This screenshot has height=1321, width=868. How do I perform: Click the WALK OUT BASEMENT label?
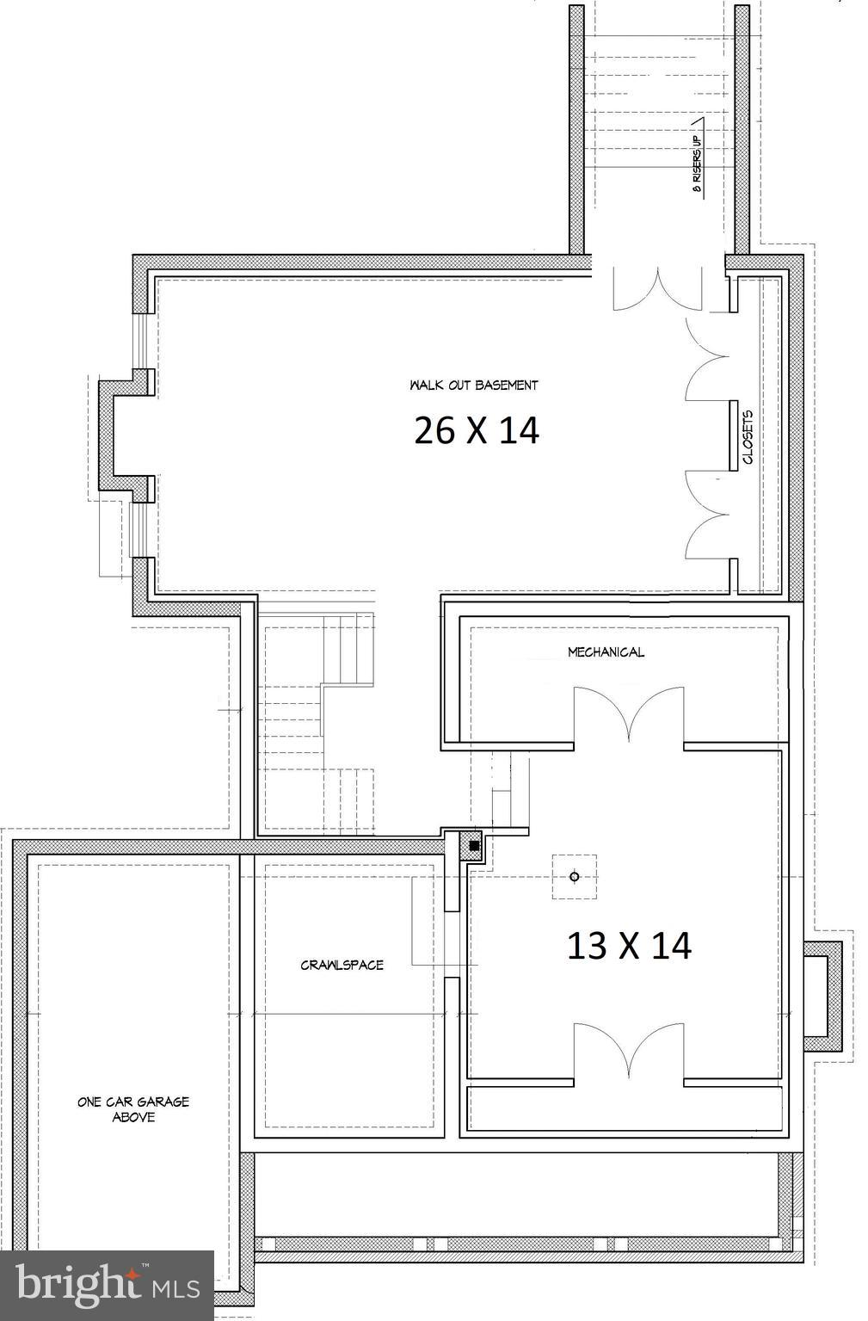474,385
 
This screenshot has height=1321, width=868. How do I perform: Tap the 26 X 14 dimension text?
476,430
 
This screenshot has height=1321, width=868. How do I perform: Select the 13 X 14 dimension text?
628,946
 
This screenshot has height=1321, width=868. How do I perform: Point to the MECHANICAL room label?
606,652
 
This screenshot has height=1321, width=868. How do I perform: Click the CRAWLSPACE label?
342,965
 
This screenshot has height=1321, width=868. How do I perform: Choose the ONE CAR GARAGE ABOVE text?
133,1109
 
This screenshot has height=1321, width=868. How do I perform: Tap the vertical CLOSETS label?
747,436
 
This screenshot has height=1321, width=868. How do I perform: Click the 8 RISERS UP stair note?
698,160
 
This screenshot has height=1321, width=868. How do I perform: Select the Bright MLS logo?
107,1285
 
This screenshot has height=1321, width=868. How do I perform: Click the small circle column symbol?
575,877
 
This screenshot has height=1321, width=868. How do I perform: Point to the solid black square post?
474,846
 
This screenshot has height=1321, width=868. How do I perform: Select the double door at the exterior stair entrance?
657,290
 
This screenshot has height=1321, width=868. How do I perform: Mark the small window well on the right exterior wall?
823,996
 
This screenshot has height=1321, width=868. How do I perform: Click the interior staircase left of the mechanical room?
318,723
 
